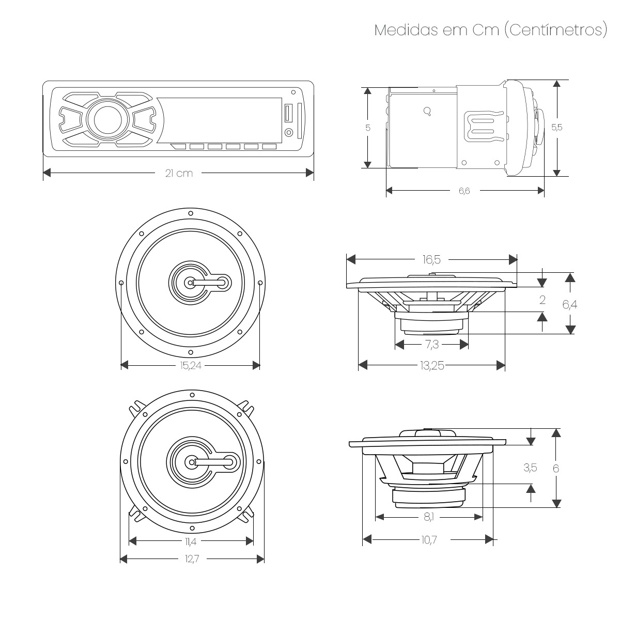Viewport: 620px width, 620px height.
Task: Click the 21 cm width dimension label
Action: [x=179, y=173]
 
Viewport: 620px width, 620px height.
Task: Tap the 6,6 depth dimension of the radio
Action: [x=464, y=191]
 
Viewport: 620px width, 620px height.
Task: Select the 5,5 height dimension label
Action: [x=556, y=128]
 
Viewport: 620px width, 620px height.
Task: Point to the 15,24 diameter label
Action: [x=190, y=366]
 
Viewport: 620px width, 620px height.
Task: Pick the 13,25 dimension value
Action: [x=432, y=366]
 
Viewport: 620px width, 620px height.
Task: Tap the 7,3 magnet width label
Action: [x=432, y=344]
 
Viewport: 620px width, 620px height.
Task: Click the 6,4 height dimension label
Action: [x=570, y=305]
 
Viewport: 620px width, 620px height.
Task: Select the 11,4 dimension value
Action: [x=191, y=541]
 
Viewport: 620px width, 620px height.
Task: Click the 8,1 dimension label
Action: [x=428, y=517]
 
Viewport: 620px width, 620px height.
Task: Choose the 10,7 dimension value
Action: [x=428, y=540]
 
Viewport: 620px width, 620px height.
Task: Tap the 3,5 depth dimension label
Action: [x=530, y=468]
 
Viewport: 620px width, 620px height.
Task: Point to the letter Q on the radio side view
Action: [x=427, y=111]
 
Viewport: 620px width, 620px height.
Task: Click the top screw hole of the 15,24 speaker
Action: [x=191, y=213]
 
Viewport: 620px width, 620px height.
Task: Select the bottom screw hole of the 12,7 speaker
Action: [x=192, y=528]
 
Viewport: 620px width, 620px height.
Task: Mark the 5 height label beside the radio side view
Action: [x=368, y=128]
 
